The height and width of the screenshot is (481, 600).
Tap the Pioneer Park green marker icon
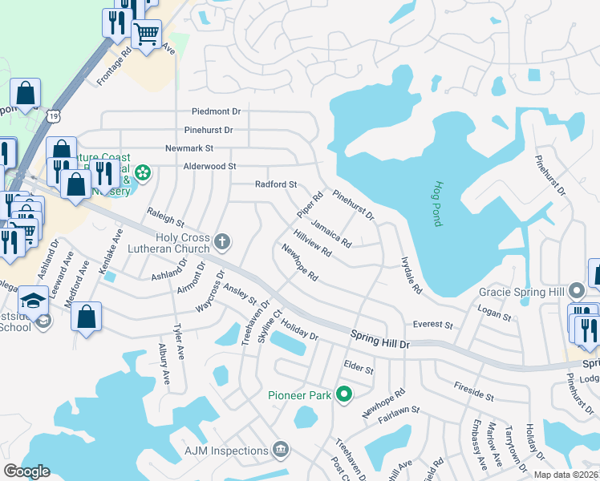pyautogui.click(x=345, y=394)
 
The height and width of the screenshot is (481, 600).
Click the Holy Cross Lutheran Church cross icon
pyautogui.click(x=222, y=240)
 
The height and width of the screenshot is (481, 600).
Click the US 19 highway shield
pyautogui.click(x=54, y=116)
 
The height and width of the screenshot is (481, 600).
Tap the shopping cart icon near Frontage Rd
pyautogui.click(x=146, y=34)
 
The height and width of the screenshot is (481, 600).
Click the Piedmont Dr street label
pyautogui.click(x=216, y=111)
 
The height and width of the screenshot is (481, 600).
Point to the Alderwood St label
pyautogui.click(x=210, y=166)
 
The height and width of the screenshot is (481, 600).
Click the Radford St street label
pyautogui.click(x=276, y=184)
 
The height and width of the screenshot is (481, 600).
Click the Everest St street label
pyautogui.click(x=433, y=325)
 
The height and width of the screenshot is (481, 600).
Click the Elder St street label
pyautogui.click(x=359, y=370)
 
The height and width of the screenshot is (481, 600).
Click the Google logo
pyautogui.click(x=26, y=471)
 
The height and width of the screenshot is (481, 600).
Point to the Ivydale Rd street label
pyautogui.click(x=411, y=275)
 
